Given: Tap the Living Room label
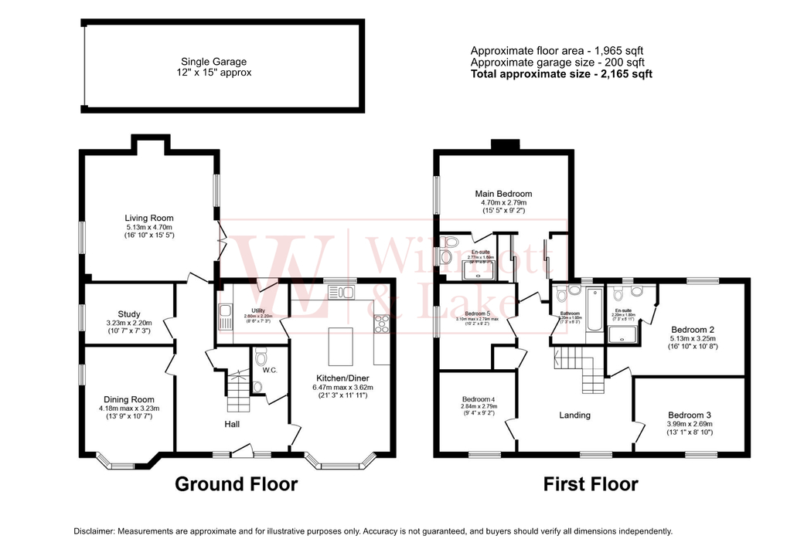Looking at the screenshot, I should point(149,219).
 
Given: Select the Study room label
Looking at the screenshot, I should point(129,314).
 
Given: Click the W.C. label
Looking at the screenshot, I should point(268,369).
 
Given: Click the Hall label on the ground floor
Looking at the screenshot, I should point(232,424).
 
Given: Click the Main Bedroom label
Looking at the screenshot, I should point(503,194).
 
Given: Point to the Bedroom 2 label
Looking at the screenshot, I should point(692,330).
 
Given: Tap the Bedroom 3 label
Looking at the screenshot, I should point(690,415).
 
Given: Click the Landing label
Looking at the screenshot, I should point(574,415).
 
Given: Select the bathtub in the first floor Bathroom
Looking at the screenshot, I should point(594,313).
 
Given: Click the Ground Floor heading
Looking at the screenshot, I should point(236,484).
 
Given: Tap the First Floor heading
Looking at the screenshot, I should point(591,484).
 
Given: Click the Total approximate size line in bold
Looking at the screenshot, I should point(561,74).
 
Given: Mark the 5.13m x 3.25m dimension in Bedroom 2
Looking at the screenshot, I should point(692,339).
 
